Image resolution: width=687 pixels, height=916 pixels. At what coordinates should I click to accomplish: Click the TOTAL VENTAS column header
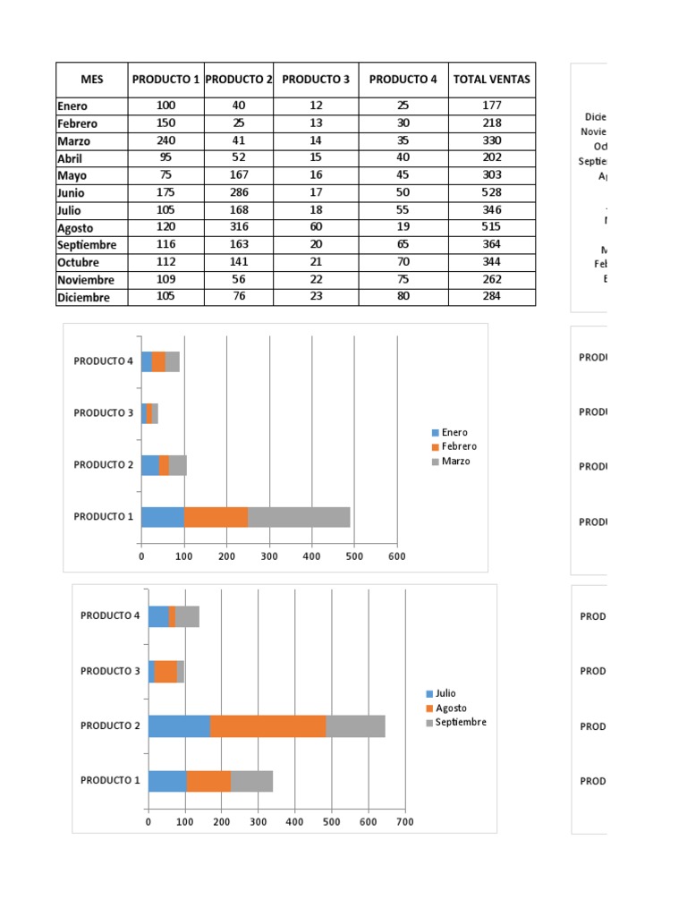click(491, 80)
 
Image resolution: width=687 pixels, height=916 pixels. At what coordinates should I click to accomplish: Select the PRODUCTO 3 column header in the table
click(316, 80)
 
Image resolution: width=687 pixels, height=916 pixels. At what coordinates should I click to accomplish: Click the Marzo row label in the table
click(73, 141)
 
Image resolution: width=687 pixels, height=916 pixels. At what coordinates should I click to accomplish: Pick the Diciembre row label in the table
click(84, 297)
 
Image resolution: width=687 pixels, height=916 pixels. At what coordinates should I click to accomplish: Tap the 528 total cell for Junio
click(491, 192)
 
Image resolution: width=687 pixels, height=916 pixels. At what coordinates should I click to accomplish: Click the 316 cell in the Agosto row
click(238, 227)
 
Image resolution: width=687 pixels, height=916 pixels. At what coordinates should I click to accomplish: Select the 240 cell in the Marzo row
click(165, 140)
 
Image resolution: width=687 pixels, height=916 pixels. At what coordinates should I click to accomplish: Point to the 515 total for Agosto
click(491, 227)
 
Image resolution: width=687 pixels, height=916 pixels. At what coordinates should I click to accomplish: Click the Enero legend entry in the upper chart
click(454, 432)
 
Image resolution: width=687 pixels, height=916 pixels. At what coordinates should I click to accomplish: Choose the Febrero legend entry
click(459, 446)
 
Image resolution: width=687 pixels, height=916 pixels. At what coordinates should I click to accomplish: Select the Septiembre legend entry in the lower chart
click(461, 722)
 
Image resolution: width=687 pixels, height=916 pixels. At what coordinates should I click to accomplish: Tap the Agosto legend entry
click(451, 708)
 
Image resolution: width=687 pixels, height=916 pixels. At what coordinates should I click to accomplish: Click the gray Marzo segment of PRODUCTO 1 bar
click(299, 517)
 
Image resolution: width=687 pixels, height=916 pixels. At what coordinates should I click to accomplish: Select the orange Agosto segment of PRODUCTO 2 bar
click(268, 725)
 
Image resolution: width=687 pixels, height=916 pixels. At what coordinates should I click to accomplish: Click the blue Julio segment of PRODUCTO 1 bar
click(167, 781)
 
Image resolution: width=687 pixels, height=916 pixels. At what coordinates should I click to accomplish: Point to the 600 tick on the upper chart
click(397, 556)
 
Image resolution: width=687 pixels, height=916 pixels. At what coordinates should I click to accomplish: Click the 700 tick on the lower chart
click(404, 821)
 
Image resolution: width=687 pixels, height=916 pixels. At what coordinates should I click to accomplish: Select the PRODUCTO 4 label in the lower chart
click(110, 615)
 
